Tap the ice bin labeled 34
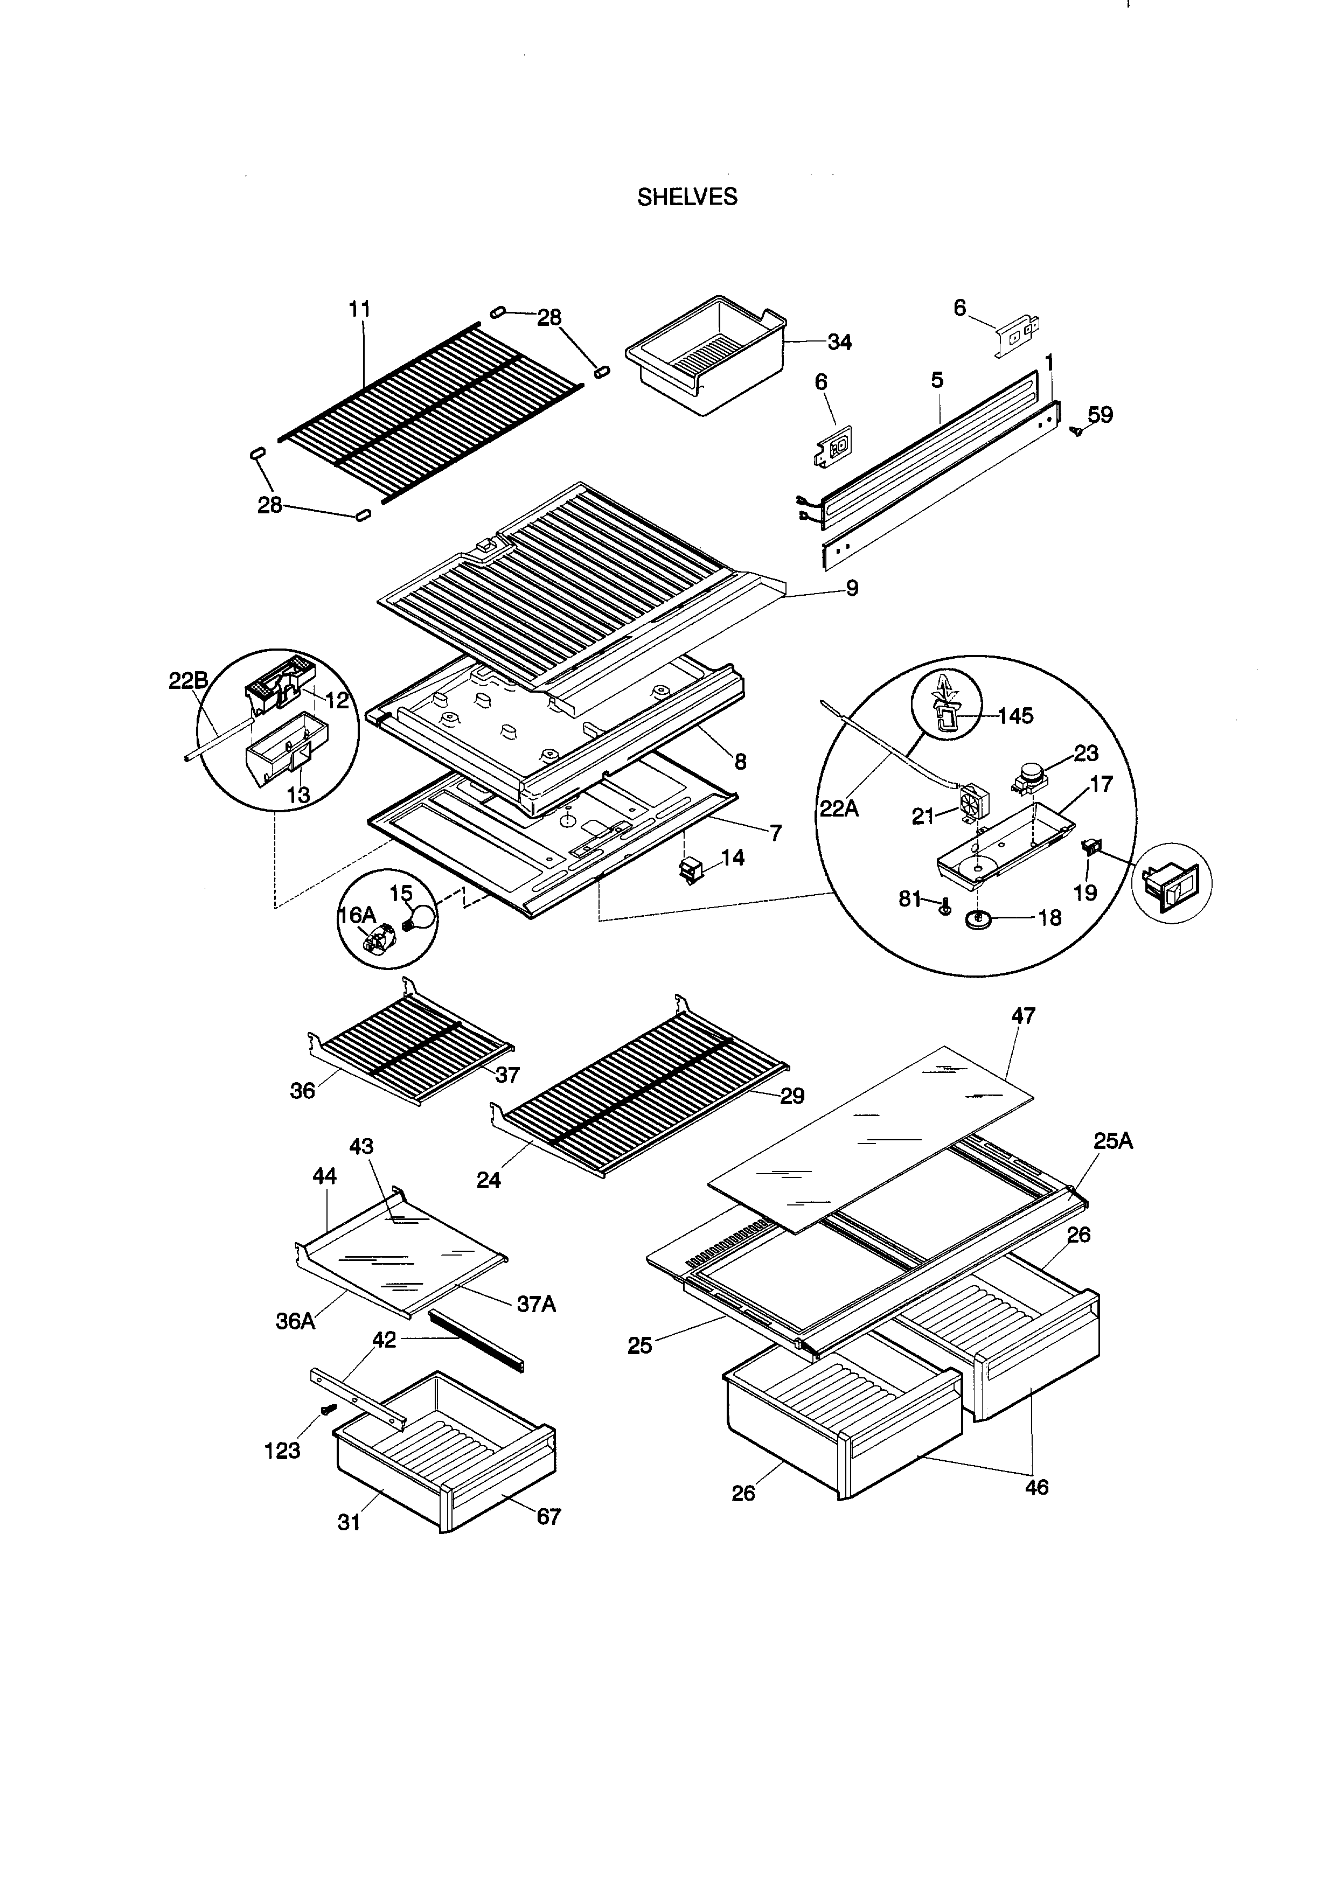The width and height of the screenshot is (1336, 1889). point(705,356)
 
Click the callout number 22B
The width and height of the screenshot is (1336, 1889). point(189,681)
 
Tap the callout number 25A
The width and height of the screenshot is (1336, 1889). point(1113,1141)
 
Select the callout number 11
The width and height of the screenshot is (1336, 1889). point(359,309)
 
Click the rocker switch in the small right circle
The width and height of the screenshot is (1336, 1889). point(1171,890)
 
